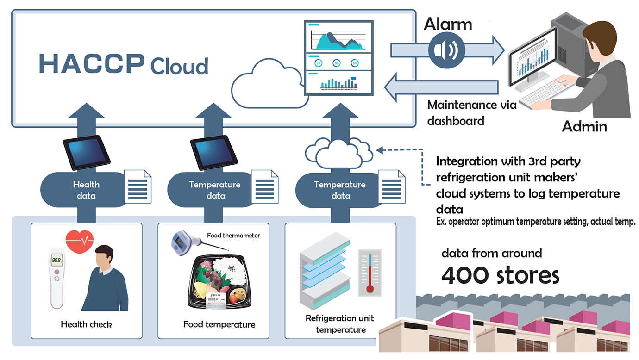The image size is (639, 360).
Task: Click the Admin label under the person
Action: (x=584, y=126)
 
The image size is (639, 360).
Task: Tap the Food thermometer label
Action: (x=233, y=236)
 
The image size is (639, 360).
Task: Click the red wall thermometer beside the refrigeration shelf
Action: (x=370, y=273)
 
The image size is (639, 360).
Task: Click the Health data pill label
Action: (x=86, y=190)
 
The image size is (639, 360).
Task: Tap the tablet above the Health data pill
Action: (x=87, y=153)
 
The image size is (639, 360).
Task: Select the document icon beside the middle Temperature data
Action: (x=264, y=186)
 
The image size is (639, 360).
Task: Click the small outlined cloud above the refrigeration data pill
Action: (x=339, y=153)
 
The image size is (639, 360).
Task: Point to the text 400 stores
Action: (x=500, y=276)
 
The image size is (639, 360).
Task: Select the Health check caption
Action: (x=86, y=324)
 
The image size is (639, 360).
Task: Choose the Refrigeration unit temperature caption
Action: (x=340, y=324)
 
